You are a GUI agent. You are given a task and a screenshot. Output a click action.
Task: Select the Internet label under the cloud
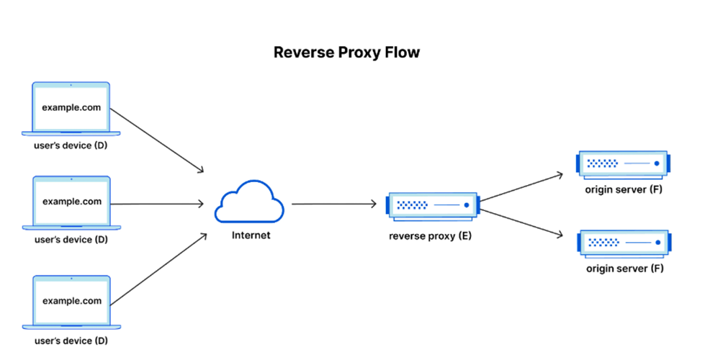[251, 235]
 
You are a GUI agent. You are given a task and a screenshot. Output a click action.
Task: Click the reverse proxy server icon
[432, 205]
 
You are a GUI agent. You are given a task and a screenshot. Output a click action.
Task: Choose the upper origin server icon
[624, 164]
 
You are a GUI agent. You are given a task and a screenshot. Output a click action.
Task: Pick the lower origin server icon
[624, 243]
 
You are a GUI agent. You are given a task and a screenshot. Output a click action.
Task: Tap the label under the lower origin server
[624, 269]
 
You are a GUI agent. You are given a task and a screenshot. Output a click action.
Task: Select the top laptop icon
[72, 109]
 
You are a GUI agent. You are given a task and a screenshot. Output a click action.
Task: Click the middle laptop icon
[72, 202]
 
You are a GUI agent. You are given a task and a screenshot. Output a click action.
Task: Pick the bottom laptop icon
[72, 301]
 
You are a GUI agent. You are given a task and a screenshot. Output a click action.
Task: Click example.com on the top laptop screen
[72, 108]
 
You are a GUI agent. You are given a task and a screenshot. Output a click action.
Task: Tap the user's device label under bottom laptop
[72, 339]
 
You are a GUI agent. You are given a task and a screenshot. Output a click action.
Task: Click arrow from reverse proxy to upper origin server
[523, 186]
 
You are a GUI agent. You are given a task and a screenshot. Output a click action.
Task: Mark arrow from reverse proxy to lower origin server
[523, 222]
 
